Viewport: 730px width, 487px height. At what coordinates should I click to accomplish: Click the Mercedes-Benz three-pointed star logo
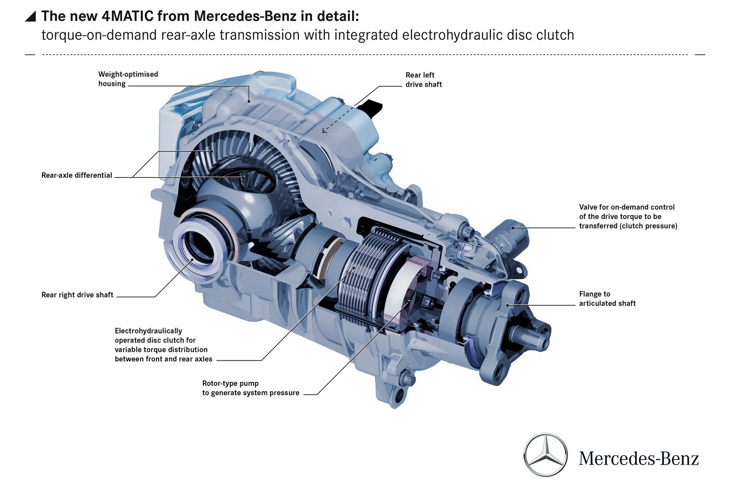(545, 455)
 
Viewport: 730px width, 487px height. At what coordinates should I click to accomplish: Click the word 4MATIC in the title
(127, 16)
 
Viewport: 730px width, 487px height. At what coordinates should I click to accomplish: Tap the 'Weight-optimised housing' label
(128, 79)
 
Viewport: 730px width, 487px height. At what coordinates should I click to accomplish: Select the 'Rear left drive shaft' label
(424, 79)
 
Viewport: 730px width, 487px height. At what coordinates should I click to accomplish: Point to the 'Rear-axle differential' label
(77, 175)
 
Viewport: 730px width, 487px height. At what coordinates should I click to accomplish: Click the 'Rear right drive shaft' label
(77, 295)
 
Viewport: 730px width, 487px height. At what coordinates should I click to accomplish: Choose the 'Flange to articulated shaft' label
(607, 298)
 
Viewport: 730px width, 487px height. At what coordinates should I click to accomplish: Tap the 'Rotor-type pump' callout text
(250, 388)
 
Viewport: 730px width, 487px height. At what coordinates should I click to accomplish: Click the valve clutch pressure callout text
(628, 216)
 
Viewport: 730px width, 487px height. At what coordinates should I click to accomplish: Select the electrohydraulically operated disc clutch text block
(163, 345)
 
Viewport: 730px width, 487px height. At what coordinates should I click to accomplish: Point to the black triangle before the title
(30, 16)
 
